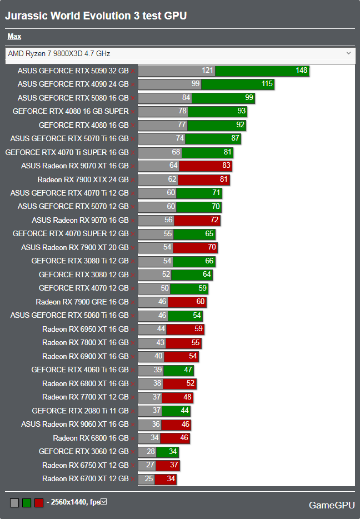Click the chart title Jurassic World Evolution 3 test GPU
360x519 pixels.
[x=96, y=16]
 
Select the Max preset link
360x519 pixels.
[x=14, y=37]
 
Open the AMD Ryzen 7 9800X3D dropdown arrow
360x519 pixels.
[x=348, y=53]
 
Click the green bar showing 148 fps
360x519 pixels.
[x=262, y=71]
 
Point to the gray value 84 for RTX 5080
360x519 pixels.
[x=186, y=98]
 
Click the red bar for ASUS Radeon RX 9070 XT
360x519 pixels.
[x=206, y=166]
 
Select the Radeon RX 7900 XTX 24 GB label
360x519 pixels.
[x=83, y=179]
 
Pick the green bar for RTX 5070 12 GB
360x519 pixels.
[x=198, y=207]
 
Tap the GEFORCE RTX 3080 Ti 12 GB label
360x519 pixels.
[x=79, y=261]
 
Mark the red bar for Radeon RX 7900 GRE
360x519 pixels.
[x=187, y=302]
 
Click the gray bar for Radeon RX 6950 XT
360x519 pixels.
[x=152, y=329]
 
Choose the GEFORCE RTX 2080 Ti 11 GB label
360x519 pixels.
[x=80, y=411]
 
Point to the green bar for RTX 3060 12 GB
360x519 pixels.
[x=167, y=451]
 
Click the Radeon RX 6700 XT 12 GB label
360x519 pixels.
[x=85, y=478]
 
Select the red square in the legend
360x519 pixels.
[x=39, y=503]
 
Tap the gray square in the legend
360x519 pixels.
[x=14, y=503]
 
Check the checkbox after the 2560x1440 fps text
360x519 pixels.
[x=103, y=502]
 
